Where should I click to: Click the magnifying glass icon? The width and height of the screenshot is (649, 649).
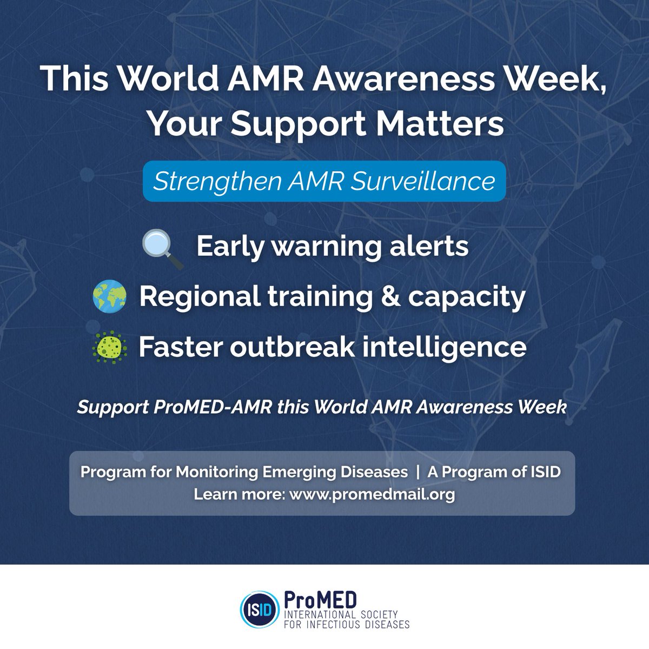pyautogui.click(x=162, y=248)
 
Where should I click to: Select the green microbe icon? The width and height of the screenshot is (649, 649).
pyautogui.click(x=109, y=347)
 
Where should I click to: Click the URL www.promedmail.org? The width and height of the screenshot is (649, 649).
pyautogui.click(x=372, y=494)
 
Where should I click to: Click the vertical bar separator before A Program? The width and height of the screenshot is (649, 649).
pyautogui.click(x=418, y=472)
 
